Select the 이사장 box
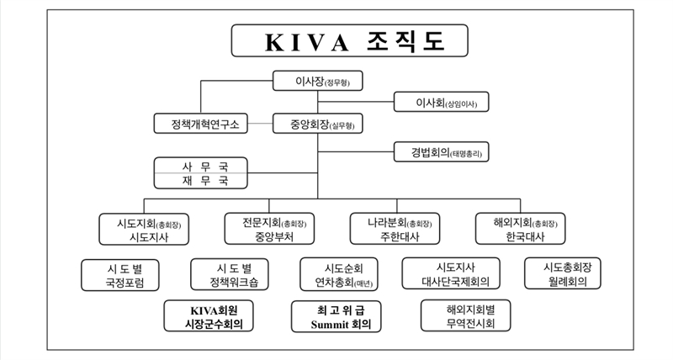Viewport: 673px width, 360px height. (x=317, y=82)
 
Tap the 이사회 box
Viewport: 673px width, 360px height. (x=441, y=103)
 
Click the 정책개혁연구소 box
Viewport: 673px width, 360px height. (x=199, y=124)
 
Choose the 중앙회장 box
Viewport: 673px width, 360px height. (x=317, y=124)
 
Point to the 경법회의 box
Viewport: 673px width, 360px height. (x=441, y=153)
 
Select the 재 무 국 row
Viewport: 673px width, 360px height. (x=200, y=180)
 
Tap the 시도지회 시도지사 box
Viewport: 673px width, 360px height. (x=144, y=229)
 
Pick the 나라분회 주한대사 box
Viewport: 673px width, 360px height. (x=395, y=229)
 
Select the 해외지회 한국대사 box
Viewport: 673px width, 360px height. (x=520, y=229)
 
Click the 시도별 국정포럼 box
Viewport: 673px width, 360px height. (x=121, y=274)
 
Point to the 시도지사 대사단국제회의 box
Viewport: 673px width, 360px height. (x=452, y=274)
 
